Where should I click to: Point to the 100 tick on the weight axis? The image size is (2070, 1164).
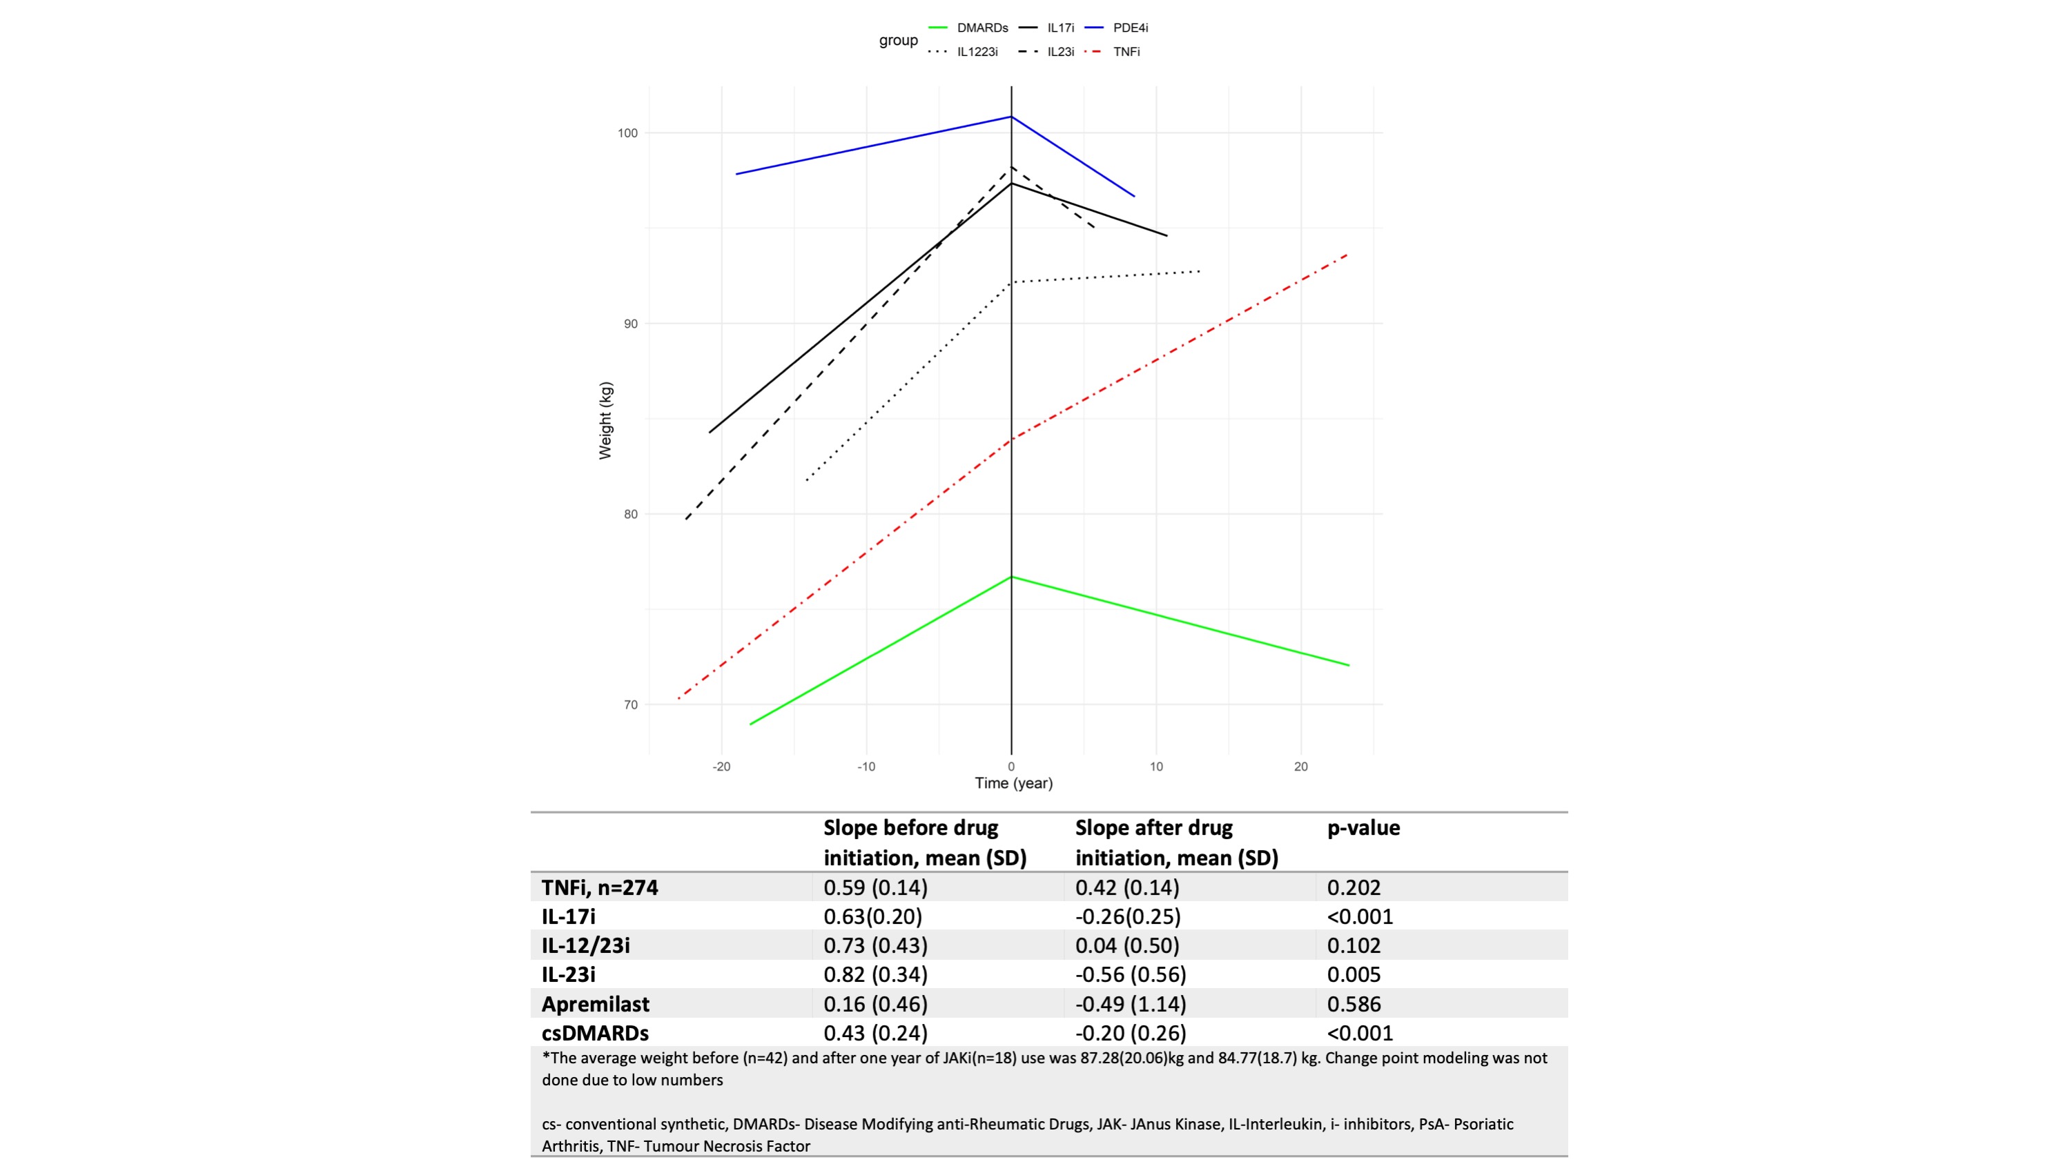click(x=627, y=133)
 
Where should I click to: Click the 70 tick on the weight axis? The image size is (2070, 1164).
click(x=631, y=705)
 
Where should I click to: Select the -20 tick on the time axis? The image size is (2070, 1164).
click(x=721, y=767)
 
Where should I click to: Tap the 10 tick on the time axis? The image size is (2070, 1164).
click(x=1156, y=767)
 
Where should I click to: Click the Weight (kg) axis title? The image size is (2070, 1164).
click(x=605, y=420)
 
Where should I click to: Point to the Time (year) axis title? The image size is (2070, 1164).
click(x=1013, y=783)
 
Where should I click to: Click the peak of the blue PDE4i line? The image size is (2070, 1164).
click(x=1011, y=117)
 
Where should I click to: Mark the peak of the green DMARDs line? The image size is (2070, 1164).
click(x=1011, y=577)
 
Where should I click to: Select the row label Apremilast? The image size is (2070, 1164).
click(x=596, y=1004)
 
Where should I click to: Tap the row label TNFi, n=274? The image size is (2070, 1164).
click(x=599, y=887)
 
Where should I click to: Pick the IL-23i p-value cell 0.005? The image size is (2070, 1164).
click(x=1354, y=975)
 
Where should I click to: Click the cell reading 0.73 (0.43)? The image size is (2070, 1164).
click(x=875, y=945)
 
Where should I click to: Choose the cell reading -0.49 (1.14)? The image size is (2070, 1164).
click(x=1131, y=1004)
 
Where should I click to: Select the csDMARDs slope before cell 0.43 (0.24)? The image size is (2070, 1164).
click(x=875, y=1033)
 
